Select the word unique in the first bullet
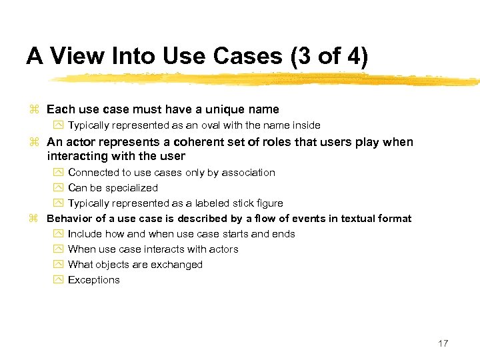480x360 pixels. [228, 109]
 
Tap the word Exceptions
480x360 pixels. [94, 280]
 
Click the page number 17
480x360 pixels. [443, 343]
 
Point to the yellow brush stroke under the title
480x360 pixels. [267, 79]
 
